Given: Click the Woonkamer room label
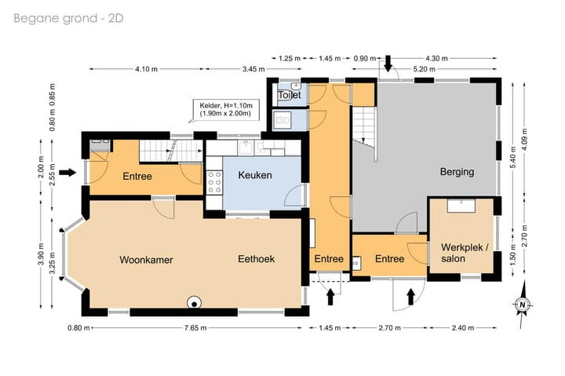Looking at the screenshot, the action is coord(146,260).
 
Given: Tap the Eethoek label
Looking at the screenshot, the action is coord(256,259).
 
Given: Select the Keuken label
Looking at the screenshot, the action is coord(255,175).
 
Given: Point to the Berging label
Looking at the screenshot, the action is coord(457,172).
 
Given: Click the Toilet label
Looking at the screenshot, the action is coord(290,95).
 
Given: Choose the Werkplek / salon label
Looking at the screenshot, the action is coord(465,253).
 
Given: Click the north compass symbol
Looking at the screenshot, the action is coord(523,305).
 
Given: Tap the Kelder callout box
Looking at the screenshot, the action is coord(224,110).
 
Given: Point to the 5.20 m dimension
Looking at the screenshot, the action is coord(424,69).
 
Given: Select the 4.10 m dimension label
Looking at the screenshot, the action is coord(146,69).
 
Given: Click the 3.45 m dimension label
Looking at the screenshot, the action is coord(253,69).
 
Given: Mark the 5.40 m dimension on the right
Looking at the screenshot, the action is coord(513,156).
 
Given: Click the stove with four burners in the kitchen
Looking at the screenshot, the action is coord(214,183).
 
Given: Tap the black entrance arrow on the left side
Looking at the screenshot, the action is coord(67,173).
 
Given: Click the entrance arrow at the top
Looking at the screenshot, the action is coord(388,64).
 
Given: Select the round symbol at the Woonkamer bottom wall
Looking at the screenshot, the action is coord(195,303).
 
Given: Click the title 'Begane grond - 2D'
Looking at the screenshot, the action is coord(68,18).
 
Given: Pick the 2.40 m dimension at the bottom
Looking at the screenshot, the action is coord(463,328).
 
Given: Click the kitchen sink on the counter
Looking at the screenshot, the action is coord(246,148).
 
